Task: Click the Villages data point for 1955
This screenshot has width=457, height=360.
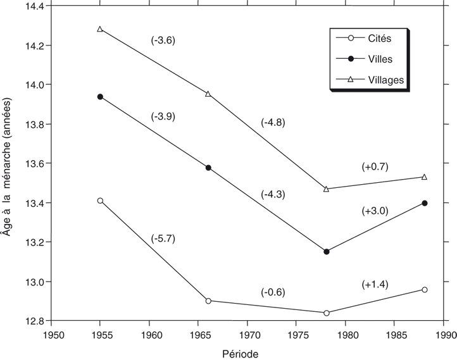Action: point(100,29)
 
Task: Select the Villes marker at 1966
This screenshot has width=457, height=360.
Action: point(208,168)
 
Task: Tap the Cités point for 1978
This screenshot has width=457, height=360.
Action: point(326,313)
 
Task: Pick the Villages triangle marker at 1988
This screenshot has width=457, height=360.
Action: point(424,177)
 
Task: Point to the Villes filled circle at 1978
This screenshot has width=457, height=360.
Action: point(326,252)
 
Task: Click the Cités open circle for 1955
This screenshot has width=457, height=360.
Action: point(100,201)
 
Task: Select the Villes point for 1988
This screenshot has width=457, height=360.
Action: point(424,203)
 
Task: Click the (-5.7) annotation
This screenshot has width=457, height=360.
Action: point(163,239)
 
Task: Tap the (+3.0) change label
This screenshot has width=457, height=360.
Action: point(375,211)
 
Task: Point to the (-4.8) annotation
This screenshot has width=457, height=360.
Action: point(273,123)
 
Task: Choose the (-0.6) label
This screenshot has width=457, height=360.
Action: point(273,292)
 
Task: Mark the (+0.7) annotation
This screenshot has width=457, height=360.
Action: point(375,167)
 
